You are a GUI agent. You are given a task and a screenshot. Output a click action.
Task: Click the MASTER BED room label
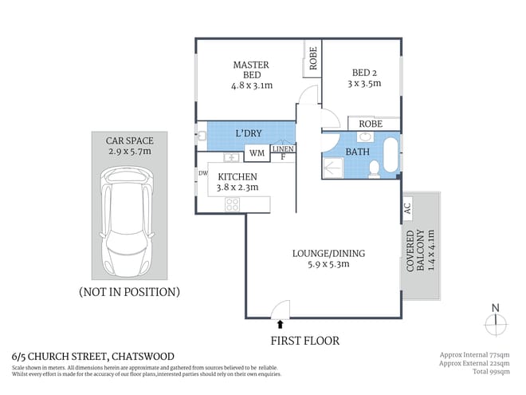[x=250, y=69]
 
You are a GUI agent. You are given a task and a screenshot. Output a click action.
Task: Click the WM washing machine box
[x=257, y=152]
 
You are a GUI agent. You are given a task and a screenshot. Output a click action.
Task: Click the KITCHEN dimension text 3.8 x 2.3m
[x=237, y=189]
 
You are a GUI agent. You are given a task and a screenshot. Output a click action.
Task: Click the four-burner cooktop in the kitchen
[x=233, y=203]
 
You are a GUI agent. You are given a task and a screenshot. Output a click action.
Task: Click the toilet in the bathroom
[x=374, y=167]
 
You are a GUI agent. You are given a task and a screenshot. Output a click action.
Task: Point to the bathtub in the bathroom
[x=391, y=156]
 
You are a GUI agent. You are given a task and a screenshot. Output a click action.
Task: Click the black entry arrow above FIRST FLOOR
[x=280, y=323]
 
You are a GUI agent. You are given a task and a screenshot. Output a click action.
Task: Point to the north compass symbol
[x=496, y=321]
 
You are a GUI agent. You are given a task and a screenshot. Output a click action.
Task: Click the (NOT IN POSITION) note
[x=128, y=291]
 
